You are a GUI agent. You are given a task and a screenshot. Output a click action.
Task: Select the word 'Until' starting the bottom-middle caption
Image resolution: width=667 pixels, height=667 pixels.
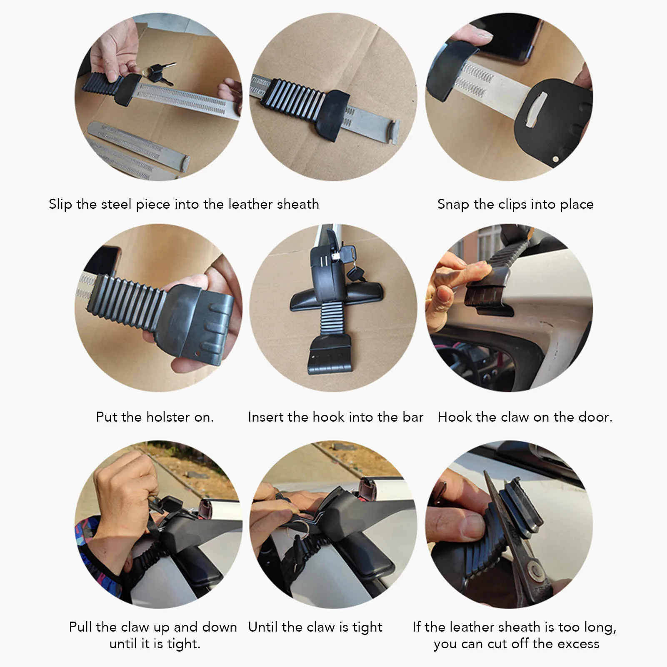(262, 627)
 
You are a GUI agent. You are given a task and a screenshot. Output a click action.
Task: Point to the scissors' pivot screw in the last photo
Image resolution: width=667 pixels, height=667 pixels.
(533, 569)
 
